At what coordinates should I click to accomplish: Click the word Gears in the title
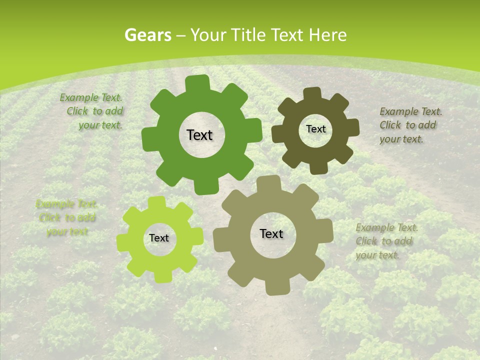147,35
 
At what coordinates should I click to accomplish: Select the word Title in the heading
250,35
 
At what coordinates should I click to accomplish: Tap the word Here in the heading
327,35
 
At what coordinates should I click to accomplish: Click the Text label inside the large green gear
199,135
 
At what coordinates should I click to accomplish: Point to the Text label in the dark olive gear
315,129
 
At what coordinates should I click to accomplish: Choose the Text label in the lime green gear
159,238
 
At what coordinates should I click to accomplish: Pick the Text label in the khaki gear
271,233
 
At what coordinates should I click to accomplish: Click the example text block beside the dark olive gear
410,125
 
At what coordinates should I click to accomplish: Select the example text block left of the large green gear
92,111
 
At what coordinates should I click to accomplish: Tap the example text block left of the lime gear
66,217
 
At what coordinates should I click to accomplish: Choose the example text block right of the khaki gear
386,241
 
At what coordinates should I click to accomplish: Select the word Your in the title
208,35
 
